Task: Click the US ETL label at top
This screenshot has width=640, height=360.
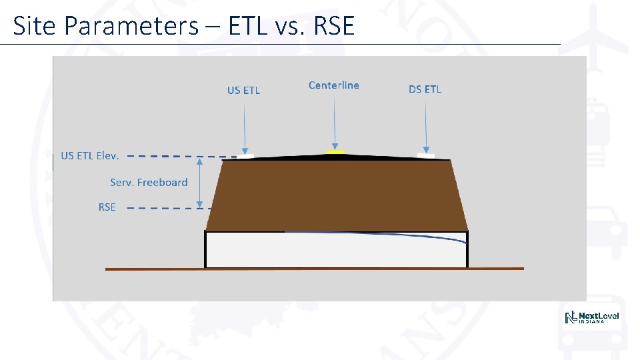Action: (x=243, y=90)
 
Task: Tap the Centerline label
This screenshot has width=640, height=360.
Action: (x=333, y=85)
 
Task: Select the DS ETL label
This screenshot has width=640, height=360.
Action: (x=425, y=89)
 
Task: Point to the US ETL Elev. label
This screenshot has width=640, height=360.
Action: (x=90, y=155)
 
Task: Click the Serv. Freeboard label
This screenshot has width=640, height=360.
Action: (x=149, y=182)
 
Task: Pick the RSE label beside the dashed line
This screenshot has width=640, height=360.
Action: (x=107, y=207)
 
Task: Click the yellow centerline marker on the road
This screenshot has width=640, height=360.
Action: (x=335, y=153)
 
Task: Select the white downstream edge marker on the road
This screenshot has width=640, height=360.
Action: (x=425, y=156)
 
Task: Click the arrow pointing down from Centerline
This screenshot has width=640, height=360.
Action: (x=334, y=120)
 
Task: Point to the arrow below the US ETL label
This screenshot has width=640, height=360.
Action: (x=245, y=123)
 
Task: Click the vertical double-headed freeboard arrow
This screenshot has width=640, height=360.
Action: (x=199, y=182)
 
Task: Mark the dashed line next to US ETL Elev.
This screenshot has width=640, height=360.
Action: (x=180, y=156)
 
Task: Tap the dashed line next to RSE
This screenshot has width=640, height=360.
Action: (x=167, y=208)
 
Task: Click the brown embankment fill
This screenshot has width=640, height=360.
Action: (x=337, y=193)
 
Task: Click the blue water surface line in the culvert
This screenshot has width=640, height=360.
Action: (x=400, y=235)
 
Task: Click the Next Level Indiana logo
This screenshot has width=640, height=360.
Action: (x=591, y=318)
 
